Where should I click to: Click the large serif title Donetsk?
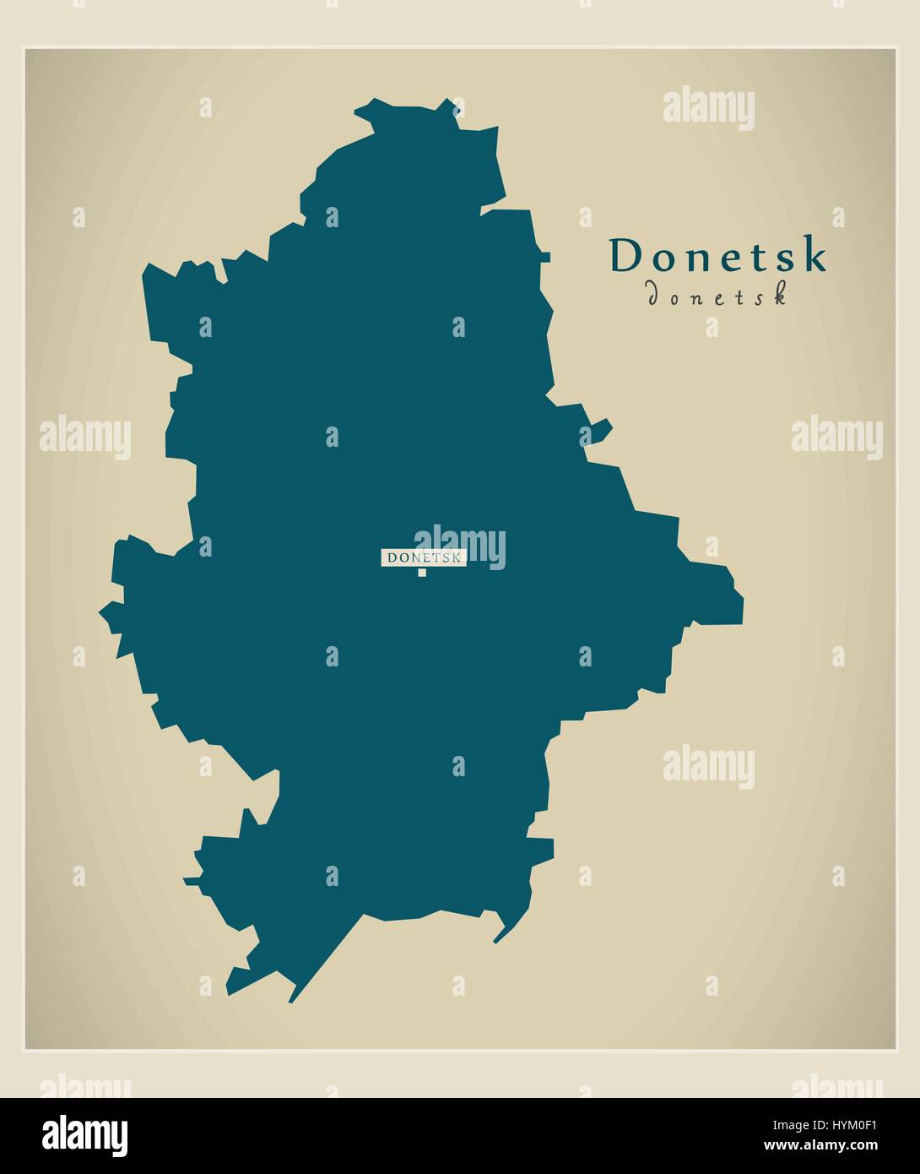point(718,256)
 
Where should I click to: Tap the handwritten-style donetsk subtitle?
point(717,295)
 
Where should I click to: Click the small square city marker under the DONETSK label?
point(422,573)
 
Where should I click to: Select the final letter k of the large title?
point(814,256)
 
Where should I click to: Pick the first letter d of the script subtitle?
point(652,295)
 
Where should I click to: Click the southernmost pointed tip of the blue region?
point(290,1002)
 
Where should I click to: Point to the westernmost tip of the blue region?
point(100,611)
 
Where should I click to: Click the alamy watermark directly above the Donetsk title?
point(709,109)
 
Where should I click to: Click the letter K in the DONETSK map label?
point(457,557)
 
